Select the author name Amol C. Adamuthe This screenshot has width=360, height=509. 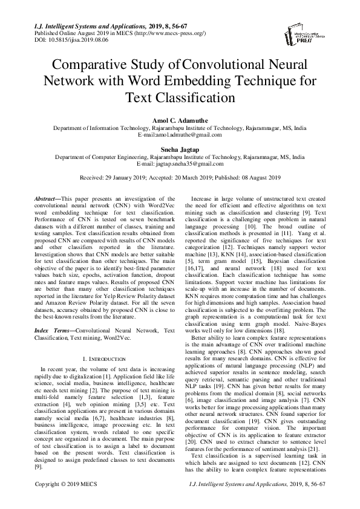click(180, 122)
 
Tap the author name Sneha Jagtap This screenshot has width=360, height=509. click(180, 149)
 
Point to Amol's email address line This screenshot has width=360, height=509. click(180, 137)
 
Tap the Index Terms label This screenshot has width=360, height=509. click(50, 331)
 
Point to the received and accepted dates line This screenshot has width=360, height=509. click(180, 178)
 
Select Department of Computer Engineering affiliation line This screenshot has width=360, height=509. click(180, 157)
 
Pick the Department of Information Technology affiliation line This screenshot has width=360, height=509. click(180, 129)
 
